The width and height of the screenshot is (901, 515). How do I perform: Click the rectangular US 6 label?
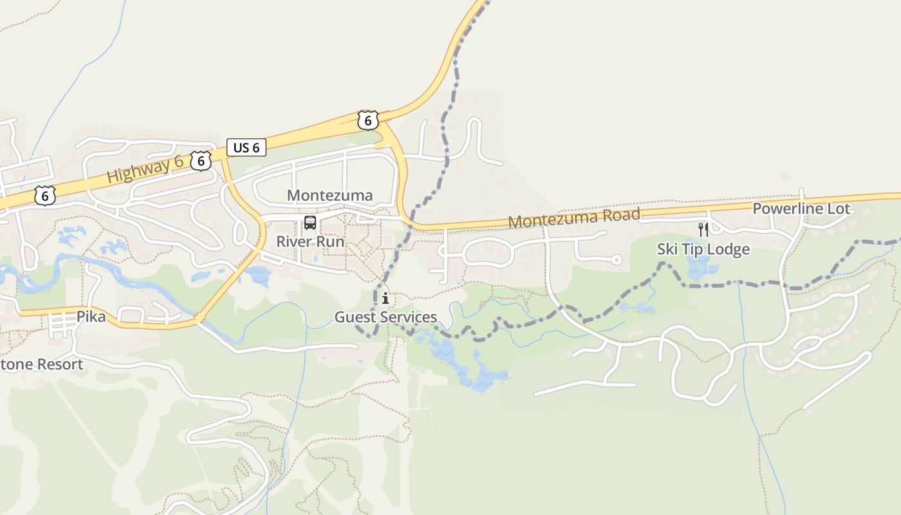(246, 147)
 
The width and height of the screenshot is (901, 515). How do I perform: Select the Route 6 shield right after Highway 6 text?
(201, 160)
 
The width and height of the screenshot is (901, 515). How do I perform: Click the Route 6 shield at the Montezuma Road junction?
(367, 120)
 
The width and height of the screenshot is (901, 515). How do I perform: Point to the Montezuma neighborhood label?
(330, 195)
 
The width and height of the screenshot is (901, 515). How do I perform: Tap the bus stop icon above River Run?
(310, 223)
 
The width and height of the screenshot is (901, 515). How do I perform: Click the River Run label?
(310, 241)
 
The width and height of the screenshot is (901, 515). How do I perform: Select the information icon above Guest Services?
(385, 298)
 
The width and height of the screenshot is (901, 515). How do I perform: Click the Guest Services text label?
(385, 317)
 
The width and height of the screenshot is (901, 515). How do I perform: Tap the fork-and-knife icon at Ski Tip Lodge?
(703, 229)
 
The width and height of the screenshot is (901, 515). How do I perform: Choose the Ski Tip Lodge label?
(703, 249)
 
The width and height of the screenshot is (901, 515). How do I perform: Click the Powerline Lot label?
(801, 209)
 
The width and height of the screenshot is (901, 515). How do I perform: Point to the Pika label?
(91, 317)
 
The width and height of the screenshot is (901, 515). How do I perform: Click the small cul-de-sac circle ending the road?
(616, 260)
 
